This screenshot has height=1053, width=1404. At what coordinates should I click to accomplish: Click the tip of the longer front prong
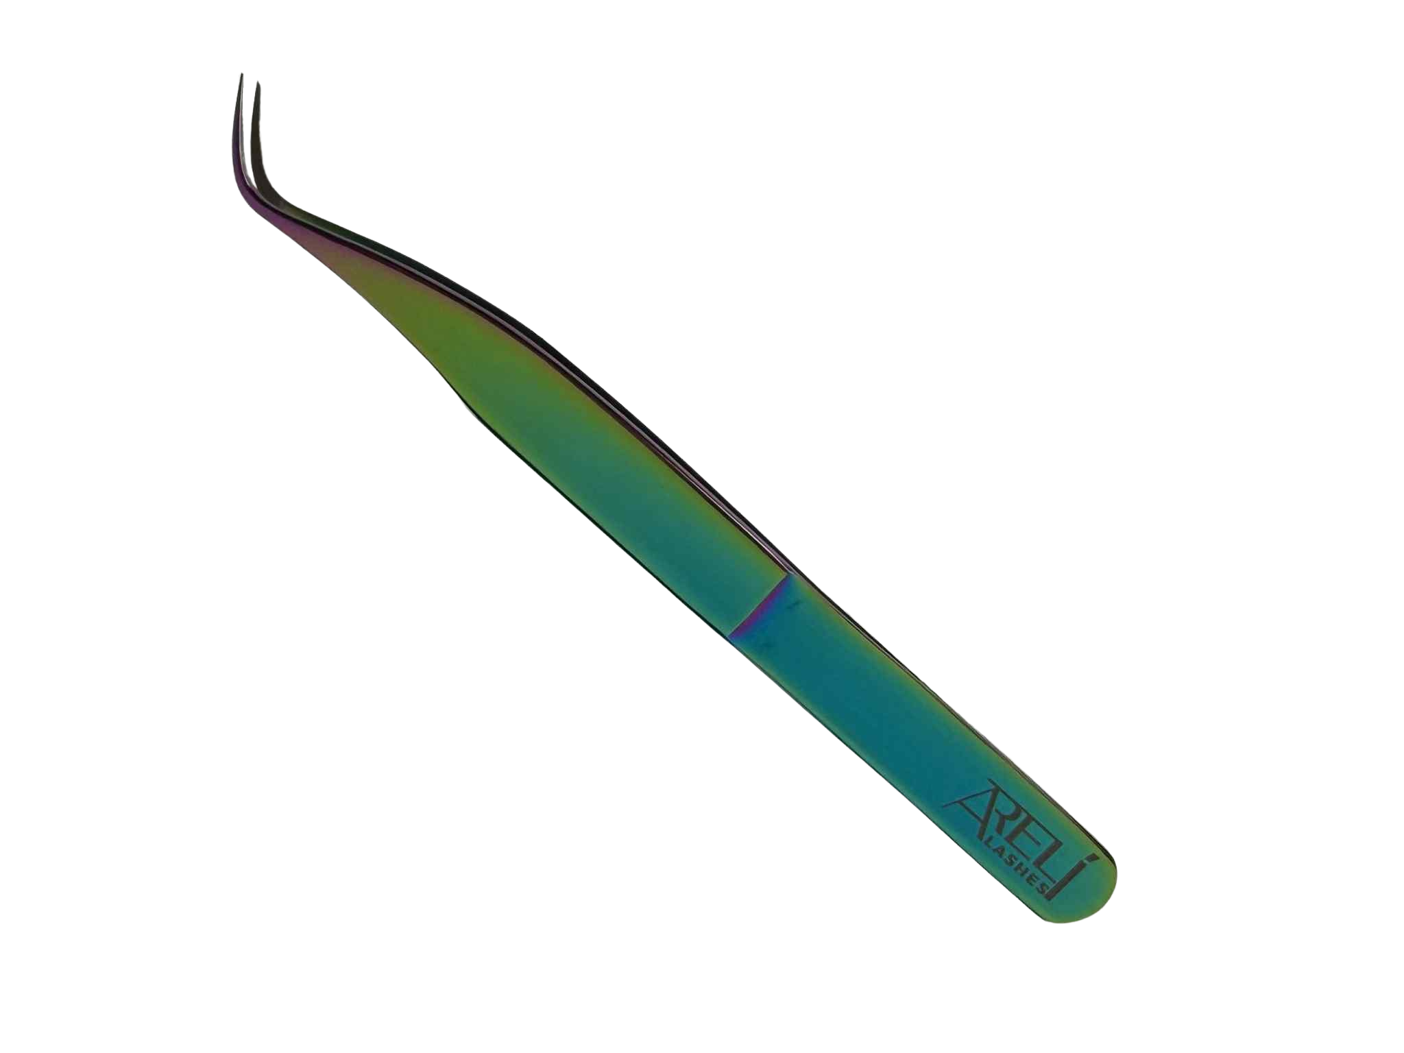point(241,75)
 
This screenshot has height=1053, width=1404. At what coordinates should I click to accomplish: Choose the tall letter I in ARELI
point(1065,882)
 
